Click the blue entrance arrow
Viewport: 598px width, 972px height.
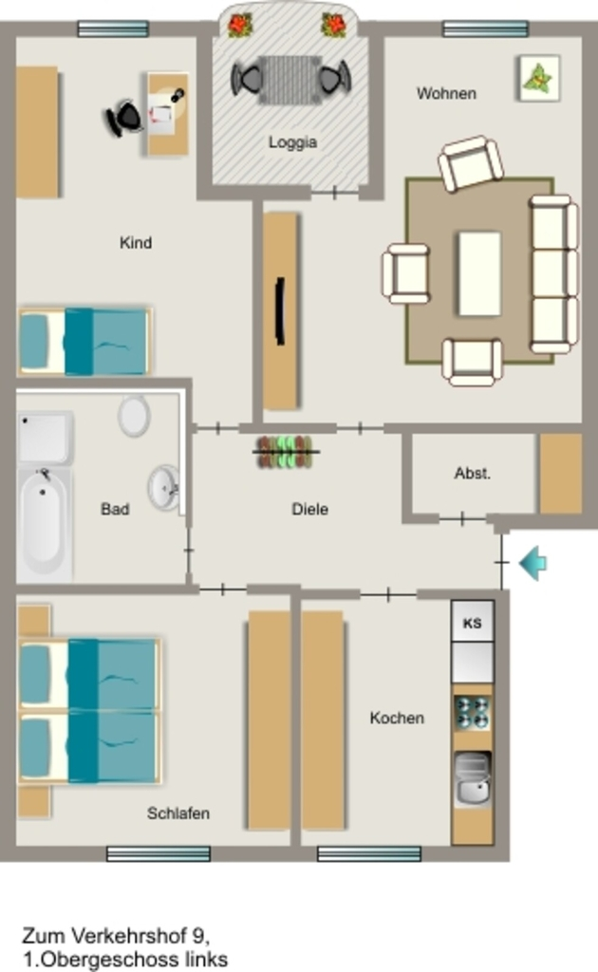(x=533, y=563)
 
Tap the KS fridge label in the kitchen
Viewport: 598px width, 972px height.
(x=472, y=623)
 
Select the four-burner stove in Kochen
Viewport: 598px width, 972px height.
(x=472, y=712)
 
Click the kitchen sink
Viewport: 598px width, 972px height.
(x=472, y=779)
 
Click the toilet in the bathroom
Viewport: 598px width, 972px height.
(x=134, y=416)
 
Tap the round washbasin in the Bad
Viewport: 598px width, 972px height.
(x=163, y=488)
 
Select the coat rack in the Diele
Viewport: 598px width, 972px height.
(x=286, y=452)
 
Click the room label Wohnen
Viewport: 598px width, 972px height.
(x=446, y=94)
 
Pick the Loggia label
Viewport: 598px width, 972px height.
(x=292, y=142)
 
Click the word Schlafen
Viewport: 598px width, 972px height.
(x=178, y=813)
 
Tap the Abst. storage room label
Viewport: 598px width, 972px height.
(x=472, y=474)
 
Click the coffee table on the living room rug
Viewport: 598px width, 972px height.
(x=479, y=274)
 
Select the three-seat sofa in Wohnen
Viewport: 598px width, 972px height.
(x=552, y=274)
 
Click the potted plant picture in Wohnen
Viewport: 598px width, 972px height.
(x=538, y=79)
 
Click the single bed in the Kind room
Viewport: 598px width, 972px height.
(x=84, y=342)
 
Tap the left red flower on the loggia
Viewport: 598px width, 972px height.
(x=238, y=26)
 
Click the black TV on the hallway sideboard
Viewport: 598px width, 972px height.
(x=280, y=311)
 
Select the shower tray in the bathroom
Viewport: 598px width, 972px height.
(x=44, y=439)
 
